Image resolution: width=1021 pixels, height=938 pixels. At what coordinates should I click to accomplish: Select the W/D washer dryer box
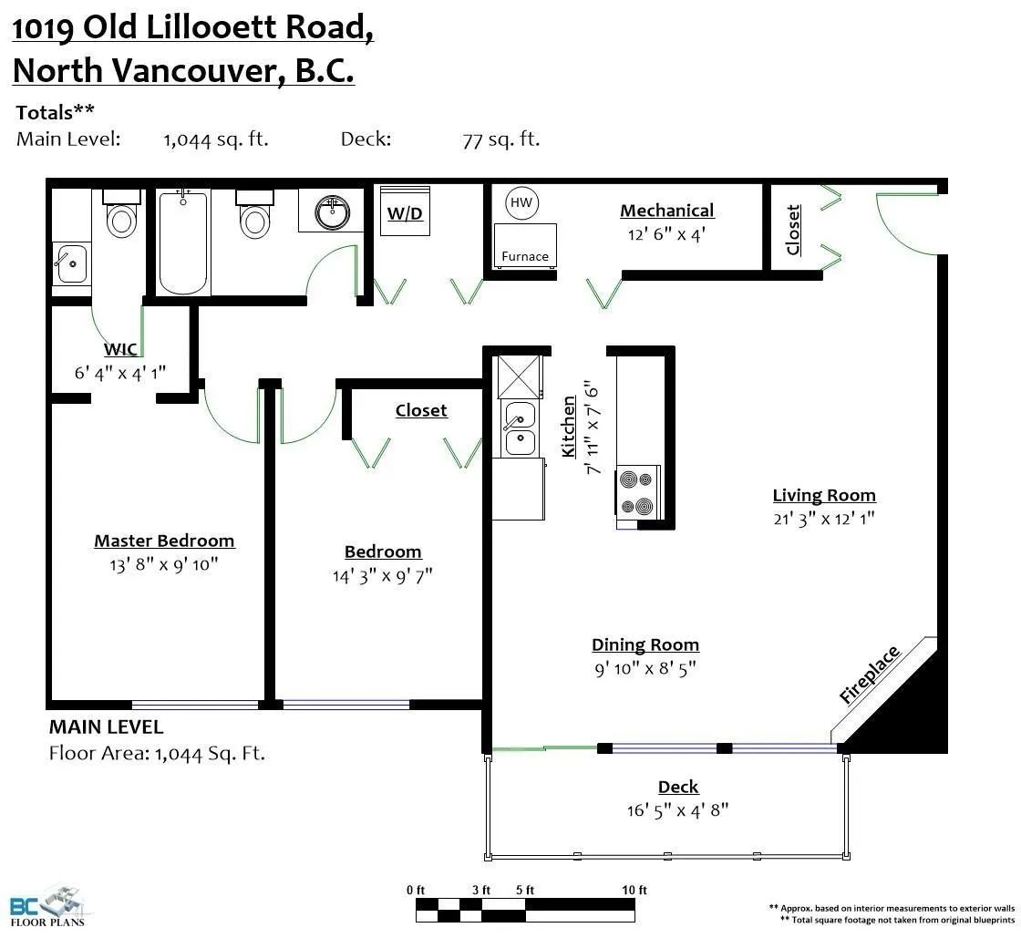tap(405, 212)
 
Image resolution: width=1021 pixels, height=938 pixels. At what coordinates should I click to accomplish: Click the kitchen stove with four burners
tap(638, 492)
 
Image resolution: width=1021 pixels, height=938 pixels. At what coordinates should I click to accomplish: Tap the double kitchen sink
tap(521, 428)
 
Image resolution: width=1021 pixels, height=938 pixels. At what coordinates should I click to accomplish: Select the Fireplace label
tap(870, 675)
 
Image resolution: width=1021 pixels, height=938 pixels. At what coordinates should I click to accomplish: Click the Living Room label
tap(824, 496)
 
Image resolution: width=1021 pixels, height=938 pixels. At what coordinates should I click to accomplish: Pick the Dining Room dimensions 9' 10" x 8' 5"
tap(645, 668)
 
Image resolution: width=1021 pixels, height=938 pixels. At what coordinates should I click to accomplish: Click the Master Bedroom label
tap(164, 541)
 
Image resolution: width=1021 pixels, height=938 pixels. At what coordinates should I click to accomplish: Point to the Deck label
tap(678, 787)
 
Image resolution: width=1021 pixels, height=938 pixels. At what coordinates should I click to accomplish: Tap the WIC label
tap(120, 350)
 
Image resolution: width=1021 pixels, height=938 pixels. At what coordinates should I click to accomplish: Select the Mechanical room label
tap(666, 211)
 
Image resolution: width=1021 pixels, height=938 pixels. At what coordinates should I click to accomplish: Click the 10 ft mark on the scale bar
tap(635, 891)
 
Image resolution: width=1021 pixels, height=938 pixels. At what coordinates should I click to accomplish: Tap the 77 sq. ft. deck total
tap(500, 139)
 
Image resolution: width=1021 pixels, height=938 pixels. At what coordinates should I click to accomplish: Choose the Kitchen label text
tap(569, 427)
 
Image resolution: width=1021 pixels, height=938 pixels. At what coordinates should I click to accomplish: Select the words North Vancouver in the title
tap(146, 71)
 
